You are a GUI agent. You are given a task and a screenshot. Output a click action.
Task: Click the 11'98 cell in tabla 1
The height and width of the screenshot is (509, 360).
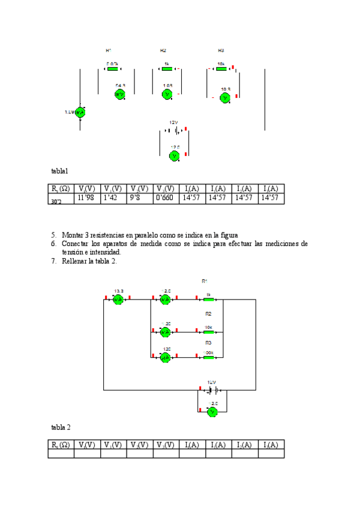pyautogui.click(x=86, y=198)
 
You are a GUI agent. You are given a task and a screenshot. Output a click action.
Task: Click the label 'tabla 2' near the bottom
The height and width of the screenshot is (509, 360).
pyautogui.click(x=61, y=427)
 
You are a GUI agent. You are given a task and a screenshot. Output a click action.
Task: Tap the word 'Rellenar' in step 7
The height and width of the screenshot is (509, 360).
pyautogui.click(x=75, y=261)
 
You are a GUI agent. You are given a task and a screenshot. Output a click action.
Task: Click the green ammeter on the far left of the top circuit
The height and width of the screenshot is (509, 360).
pyautogui.click(x=80, y=112)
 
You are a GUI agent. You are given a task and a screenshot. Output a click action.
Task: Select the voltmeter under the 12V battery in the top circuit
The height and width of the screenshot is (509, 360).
pyautogui.click(x=175, y=155)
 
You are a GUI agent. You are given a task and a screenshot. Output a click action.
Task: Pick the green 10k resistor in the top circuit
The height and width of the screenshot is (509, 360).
pyautogui.click(x=221, y=69)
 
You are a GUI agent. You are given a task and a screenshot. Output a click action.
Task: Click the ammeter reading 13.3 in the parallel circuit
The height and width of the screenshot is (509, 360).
pyautogui.click(x=118, y=299)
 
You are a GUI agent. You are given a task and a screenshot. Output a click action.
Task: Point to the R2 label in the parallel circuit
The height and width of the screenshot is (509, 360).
pyautogui.click(x=208, y=314)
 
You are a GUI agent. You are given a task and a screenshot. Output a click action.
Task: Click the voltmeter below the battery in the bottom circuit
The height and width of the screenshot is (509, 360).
pyautogui.click(x=211, y=412)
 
